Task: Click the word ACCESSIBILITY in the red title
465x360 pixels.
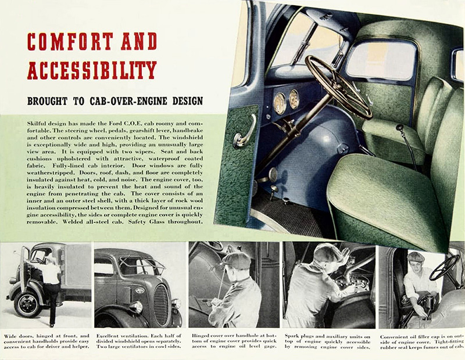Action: [92, 69]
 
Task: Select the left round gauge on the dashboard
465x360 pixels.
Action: [280, 103]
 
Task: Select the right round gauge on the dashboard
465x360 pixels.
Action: [294, 98]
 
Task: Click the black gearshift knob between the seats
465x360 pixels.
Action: [399, 127]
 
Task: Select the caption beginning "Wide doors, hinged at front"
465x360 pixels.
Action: [47, 343]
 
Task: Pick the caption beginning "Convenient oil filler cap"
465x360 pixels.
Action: [421, 343]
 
